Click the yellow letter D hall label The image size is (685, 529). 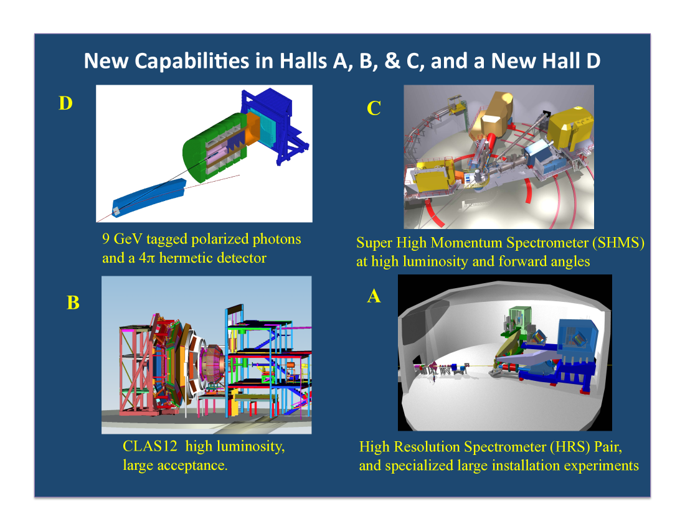(65, 103)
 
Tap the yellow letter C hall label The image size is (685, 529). (374, 108)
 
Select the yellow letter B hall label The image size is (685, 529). (73, 302)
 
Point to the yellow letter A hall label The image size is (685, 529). (374, 296)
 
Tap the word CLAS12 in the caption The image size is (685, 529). (150, 446)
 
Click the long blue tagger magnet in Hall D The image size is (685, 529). (149, 198)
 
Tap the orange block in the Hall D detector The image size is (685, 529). (252, 129)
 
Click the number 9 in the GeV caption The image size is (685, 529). (106, 239)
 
